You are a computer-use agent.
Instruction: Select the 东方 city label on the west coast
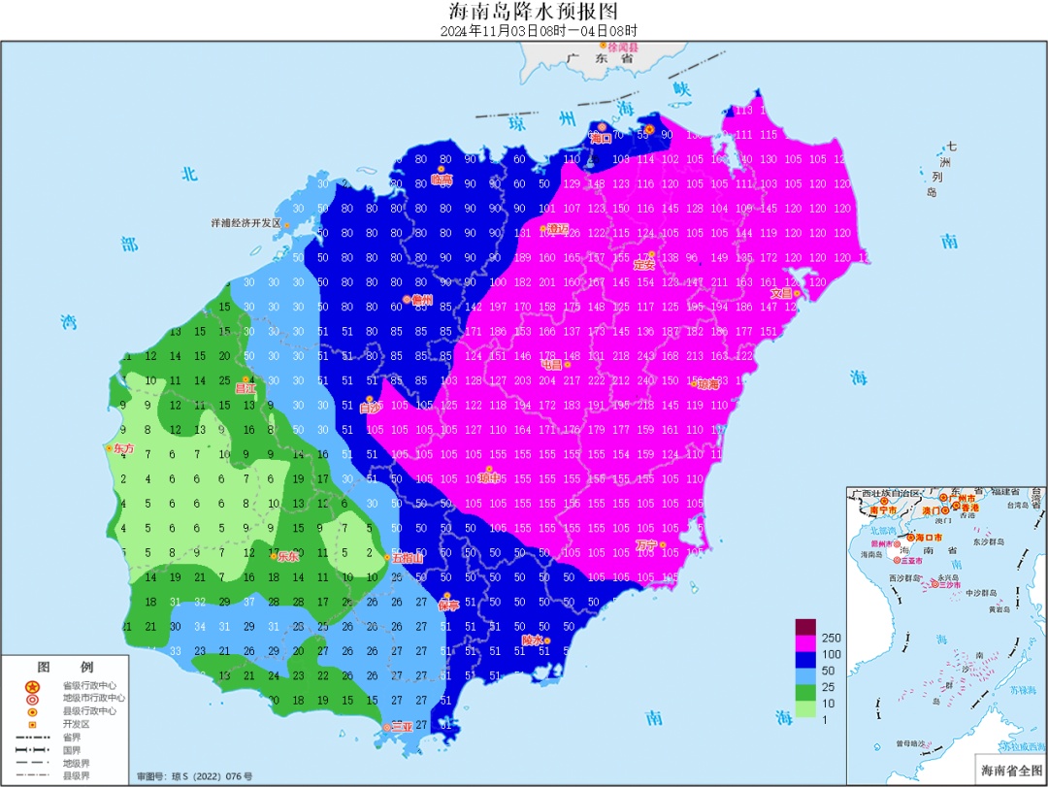pyautogui.click(x=122, y=449)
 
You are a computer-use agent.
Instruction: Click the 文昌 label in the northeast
pyautogui.click(x=782, y=293)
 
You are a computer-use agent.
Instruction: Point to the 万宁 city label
pyautogui.click(x=647, y=544)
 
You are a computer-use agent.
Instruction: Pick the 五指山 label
pyautogui.click(x=407, y=558)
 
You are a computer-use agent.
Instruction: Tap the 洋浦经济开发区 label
pyautogui.click(x=246, y=223)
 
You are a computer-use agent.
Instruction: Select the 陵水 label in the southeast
pyautogui.click(x=532, y=640)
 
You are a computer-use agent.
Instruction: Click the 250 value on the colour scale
pyautogui.click(x=832, y=638)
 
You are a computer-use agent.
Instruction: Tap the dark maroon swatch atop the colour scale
pyautogui.click(x=805, y=627)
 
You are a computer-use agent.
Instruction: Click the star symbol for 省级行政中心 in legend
pyautogui.click(x=32, y=684)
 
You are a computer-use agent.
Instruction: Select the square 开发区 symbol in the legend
pyautogui.click(x=32, y=724)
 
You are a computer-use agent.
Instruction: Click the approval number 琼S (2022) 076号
pyautogui.click(x=194, y=776)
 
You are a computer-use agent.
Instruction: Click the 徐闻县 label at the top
pyautogui.click(x=623, y=47)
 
